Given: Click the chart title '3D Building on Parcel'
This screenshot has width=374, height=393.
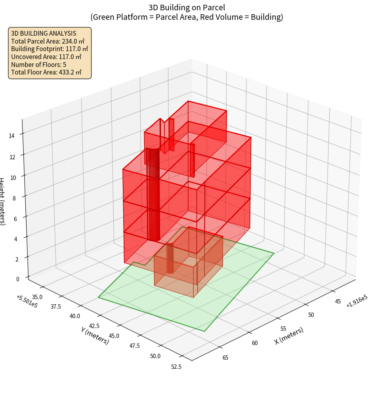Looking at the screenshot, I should click(x=187, y=8).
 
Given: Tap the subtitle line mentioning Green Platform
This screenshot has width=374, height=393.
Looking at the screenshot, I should click(x=187, y=17).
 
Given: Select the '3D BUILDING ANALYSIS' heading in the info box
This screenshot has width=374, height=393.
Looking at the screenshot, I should click(x=44, y=33).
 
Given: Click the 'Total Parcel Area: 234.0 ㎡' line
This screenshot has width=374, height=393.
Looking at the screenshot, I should click(x=48, y=41).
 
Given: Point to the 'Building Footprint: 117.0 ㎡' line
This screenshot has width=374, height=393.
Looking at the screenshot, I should click(x=50, y=49).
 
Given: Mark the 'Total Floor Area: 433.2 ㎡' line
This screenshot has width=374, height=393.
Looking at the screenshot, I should click(x=46, y=72).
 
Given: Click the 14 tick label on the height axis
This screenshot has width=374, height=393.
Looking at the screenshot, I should click(x=12, y=136).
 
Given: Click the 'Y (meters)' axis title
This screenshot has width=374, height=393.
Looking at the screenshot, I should click(x=95, y=335).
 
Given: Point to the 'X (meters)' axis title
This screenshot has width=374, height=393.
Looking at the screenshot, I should click(x=289, y=336).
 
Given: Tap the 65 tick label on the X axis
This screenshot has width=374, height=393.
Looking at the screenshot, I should click(x=225, y=358).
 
